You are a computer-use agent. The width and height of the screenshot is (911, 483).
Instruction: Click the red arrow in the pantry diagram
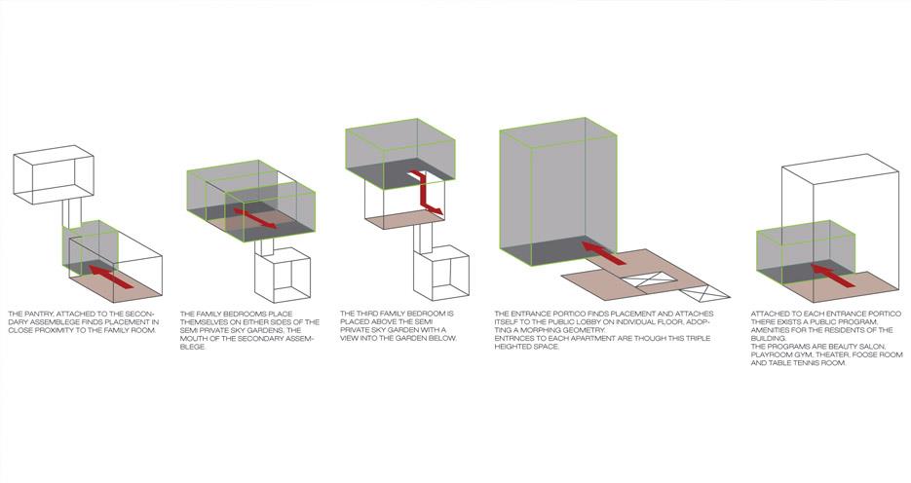[x=111, y=277]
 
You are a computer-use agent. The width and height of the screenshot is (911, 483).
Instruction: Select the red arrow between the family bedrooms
[x=255, y=218]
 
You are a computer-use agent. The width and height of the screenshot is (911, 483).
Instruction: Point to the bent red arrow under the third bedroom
[x=427, y=195]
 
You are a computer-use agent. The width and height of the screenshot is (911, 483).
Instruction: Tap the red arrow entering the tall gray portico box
[x=604, y=253]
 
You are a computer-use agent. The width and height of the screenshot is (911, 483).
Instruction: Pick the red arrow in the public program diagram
[x=832, y=276]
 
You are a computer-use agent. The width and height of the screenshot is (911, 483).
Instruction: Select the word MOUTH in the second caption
[x=193, y=339]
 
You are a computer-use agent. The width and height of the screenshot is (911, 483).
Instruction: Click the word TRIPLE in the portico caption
[x=696, y=339]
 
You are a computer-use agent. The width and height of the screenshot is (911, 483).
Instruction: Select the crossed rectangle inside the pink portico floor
[x=650, y=279]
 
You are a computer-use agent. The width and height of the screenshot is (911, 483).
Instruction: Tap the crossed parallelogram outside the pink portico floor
[x=704, y=292]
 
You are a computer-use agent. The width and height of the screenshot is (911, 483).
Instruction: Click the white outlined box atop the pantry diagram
[x=54, y=174]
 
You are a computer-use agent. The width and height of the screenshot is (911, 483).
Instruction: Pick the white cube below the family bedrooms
[x=283, y=276]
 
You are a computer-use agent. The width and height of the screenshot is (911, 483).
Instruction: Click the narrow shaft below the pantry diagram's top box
[x=72, y=213]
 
